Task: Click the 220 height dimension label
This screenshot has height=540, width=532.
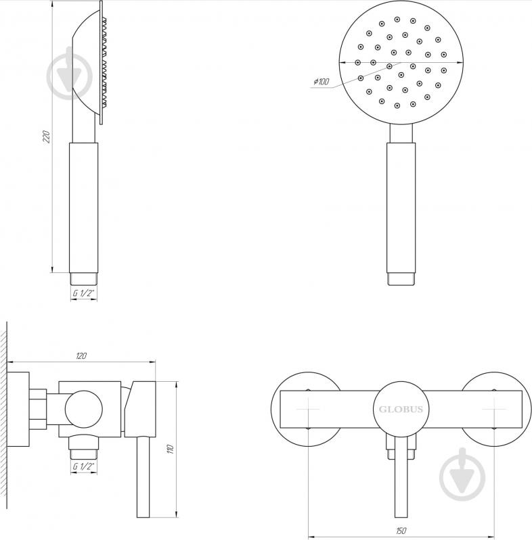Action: (x=46, y=137)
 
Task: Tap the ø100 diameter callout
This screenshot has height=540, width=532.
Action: (x=322, y=82)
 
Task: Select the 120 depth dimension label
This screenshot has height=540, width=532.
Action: (x=81, y=355)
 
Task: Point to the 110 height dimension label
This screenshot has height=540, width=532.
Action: (x=170, y=449)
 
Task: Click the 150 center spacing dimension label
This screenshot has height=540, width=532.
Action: (x=401, y=531)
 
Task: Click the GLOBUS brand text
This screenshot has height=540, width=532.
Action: (x=401, y=410)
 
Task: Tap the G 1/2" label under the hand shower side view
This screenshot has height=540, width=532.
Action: (x=83, y=293)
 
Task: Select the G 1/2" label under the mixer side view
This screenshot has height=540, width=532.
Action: (x=83, y=466)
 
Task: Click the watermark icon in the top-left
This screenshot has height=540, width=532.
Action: (x=70, y=74)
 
